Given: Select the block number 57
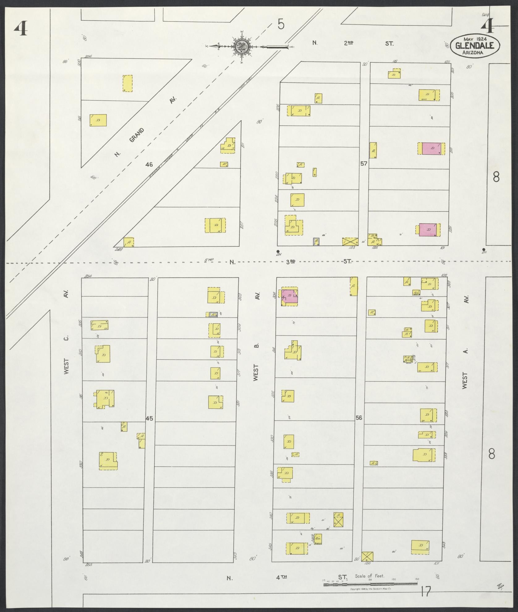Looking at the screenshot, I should point(363,164).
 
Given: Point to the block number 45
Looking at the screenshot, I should point(149,419).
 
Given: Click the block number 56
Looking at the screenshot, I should point(359,418).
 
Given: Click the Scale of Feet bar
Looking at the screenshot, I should point(370,584).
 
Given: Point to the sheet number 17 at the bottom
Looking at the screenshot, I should point(426,592).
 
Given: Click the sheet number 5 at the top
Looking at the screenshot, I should point(281,24).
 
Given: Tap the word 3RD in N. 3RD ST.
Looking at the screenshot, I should point(291,262).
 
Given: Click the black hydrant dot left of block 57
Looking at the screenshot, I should point(278,251).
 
